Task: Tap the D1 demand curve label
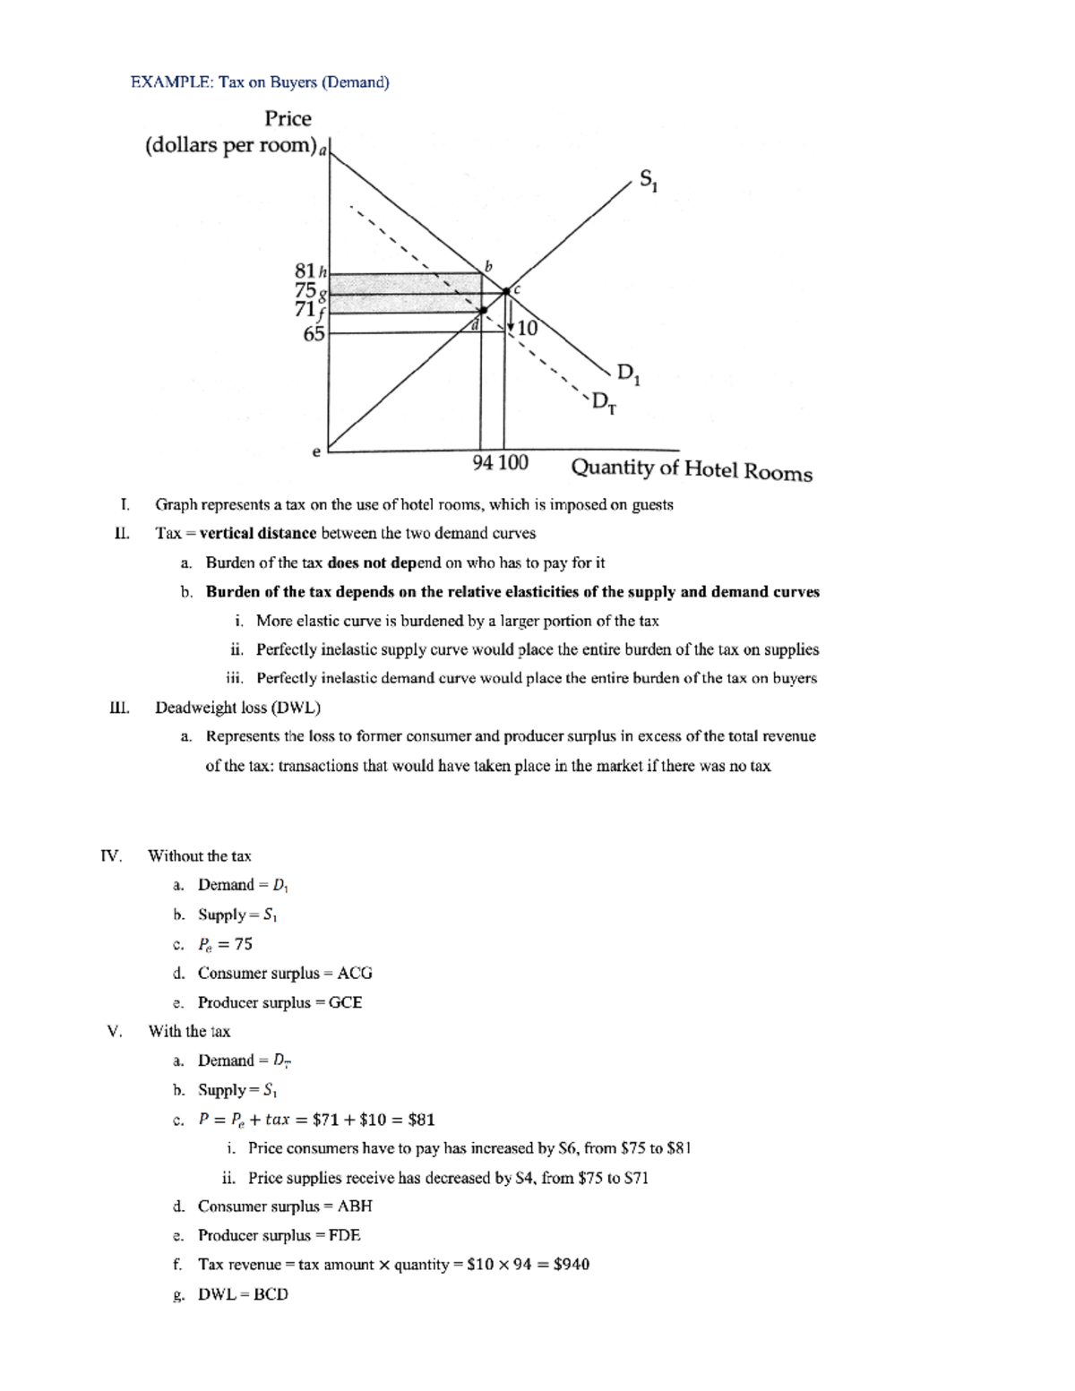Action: (628, 374)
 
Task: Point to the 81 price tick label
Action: (305, 270)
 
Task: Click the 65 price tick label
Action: (314, 334)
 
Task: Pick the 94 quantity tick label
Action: (483, 462)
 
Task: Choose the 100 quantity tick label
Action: (513, 462)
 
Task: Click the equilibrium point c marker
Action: (506, 291)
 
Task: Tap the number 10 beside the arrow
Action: (528, 329)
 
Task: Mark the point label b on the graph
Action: (488, 266)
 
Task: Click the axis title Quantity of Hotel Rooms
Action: (692, 469)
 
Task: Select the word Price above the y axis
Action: (288, 119)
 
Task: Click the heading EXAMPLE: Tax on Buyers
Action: (260, 82)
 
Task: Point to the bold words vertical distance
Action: (258, 533)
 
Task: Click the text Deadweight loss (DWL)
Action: (237, 708)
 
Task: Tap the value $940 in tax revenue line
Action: (571, 1264)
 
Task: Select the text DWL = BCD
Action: (243, 1293)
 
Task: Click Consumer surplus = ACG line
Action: (285, 973)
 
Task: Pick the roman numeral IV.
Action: (111, 855)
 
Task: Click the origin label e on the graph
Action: (315, 452)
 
